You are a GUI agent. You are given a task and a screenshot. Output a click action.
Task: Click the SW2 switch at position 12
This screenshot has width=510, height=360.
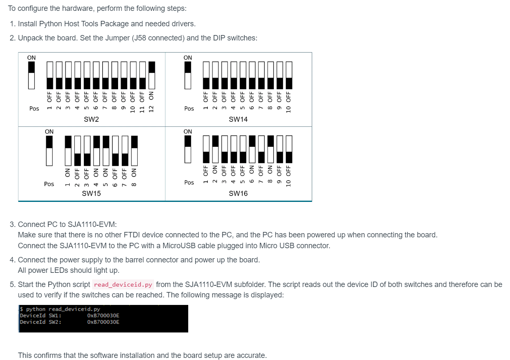(152, 76)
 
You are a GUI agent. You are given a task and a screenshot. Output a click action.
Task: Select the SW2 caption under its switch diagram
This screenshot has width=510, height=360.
(91, 119)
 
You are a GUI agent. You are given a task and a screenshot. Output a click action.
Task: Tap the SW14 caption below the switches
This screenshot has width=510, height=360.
(238, 119)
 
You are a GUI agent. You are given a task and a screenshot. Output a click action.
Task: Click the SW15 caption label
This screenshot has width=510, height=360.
(91, 194)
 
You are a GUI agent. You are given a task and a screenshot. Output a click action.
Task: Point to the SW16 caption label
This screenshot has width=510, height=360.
(238, 194)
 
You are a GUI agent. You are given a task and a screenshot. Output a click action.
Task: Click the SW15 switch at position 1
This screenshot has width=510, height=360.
(68, 151)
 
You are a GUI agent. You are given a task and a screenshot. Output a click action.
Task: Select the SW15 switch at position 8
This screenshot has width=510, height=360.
(134, 151)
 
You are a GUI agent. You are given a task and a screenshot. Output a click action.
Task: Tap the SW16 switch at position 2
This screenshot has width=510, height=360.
(215, 149)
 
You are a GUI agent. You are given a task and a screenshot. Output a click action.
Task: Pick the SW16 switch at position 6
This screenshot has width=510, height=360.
(252, 149)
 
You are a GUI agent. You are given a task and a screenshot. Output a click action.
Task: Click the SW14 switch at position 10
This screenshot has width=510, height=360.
(289, 76)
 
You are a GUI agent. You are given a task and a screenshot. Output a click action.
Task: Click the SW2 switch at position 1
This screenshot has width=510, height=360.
(50, 76)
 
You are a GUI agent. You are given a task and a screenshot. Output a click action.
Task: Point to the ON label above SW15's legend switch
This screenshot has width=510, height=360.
(49, 131)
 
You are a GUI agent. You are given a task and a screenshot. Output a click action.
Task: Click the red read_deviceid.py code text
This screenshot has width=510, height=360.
(123, 284)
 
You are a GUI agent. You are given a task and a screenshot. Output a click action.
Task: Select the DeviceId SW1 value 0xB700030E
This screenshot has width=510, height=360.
(103, 315)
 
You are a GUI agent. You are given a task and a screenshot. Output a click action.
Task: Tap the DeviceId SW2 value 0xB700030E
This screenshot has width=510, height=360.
(103, 322)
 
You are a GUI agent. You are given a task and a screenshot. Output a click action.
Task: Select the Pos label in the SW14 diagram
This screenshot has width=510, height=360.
(189, 108)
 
